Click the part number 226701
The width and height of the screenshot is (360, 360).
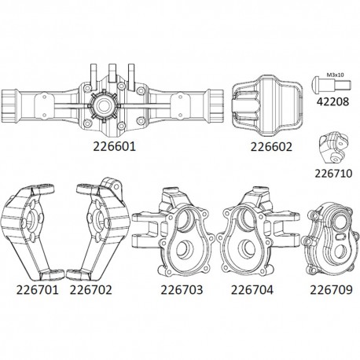pyautogui.click(x=33, y=290)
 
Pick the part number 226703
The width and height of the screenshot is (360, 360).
pyautogui.click(x=169, y=290)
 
